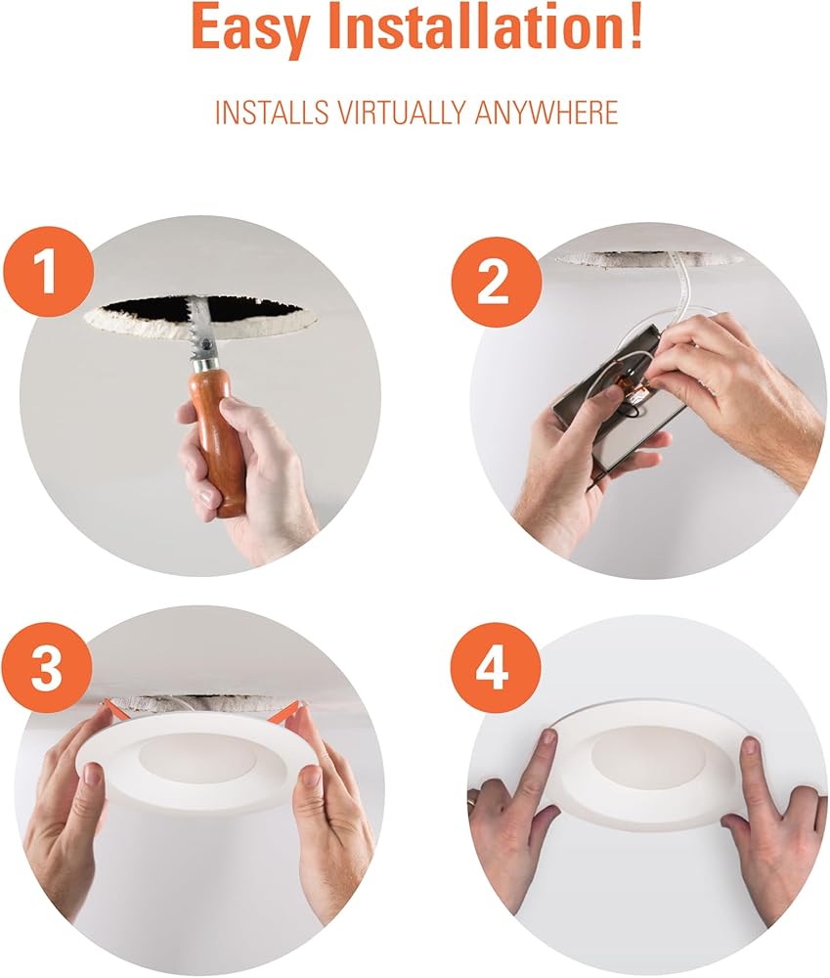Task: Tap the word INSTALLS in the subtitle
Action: pos(271,112)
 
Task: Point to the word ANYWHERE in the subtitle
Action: pos(546,112)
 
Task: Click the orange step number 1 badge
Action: pos(48,272)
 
